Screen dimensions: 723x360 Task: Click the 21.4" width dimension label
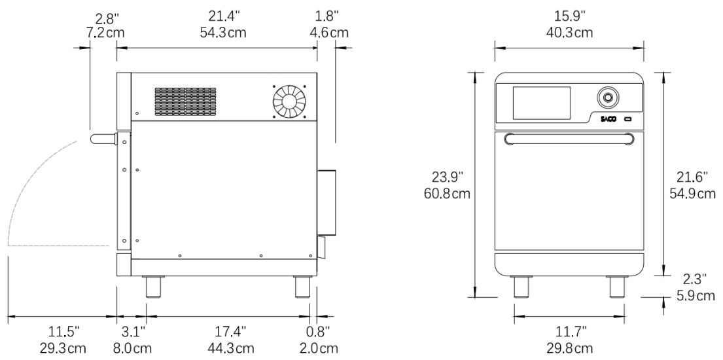click(x=224, y=16)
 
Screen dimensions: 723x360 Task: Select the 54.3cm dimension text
click(x=223, y=33)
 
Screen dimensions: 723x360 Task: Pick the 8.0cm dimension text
click(x=133, y=348)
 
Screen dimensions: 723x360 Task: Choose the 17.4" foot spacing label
click(x=230, y=331)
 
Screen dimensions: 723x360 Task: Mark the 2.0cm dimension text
click(x=318, y=348)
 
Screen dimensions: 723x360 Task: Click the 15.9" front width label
click(x=569, y=16)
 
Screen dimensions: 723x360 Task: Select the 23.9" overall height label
click(x=447, y=177)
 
